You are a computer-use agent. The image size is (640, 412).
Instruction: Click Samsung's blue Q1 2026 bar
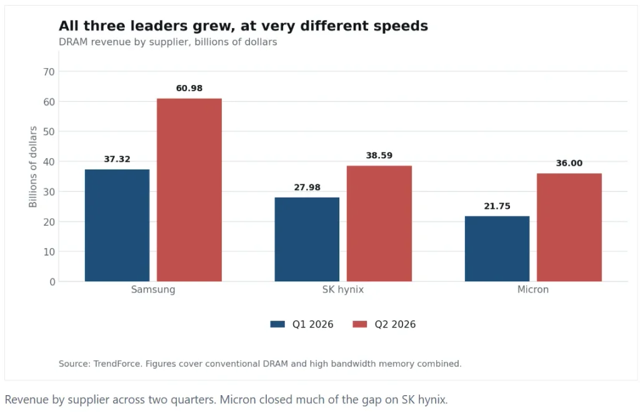pos(117,226)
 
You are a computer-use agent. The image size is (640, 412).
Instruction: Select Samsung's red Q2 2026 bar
pos(189,190)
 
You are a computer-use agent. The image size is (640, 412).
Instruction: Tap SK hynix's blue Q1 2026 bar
pos(307,239)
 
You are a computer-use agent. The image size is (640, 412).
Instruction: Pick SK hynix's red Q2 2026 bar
pos(379,224)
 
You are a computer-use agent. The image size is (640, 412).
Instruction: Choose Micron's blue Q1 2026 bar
pos(497,249)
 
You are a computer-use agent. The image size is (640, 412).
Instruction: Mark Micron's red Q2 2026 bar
pos(569,228)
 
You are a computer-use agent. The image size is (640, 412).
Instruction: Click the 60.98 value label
pos(189,88)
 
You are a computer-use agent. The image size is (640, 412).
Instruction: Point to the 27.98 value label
pos(307,188)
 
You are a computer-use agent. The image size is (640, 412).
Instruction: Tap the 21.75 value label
pos(497,206)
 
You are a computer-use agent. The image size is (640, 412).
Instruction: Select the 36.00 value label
pos(569,163)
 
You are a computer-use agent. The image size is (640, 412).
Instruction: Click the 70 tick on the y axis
pos(49,72)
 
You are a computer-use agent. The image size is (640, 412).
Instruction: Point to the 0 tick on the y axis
pos(52,282)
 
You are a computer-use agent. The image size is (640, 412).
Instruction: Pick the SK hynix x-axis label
pos(343,289)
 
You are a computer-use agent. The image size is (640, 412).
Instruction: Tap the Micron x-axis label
pos(533,289)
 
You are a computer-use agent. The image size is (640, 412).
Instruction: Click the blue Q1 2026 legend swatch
pos(277,324)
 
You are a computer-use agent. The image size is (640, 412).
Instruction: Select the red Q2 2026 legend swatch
pos(359,324)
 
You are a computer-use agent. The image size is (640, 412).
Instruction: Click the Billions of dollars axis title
pos(33,166)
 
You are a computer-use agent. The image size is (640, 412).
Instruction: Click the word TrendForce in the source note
pos(117,363)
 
